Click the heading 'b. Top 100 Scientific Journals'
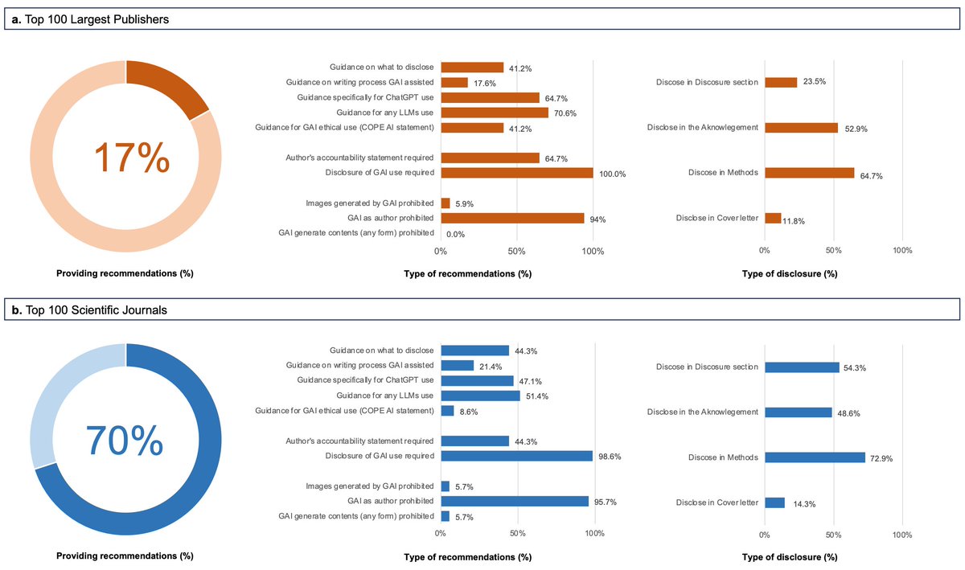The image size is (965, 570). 89,310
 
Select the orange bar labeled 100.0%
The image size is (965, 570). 517,173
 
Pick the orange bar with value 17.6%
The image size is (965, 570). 454,82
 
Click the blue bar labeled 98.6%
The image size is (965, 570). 517,456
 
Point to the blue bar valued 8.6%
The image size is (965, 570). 447,411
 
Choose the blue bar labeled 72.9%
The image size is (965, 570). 815,457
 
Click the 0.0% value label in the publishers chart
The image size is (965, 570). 456,234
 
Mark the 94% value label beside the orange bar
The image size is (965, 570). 599,219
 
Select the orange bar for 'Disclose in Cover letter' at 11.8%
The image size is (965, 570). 773,218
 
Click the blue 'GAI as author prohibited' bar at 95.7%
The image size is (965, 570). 515,501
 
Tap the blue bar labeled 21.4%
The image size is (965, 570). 457,366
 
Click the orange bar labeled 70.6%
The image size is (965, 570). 495,113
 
